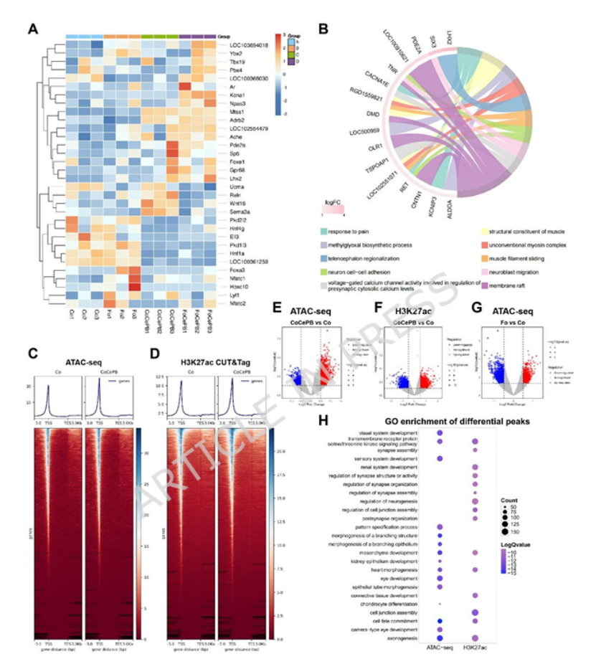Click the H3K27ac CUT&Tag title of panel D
tap(209, 352)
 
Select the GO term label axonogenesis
tap(398, 637)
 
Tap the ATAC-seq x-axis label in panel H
tap(439, 648)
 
